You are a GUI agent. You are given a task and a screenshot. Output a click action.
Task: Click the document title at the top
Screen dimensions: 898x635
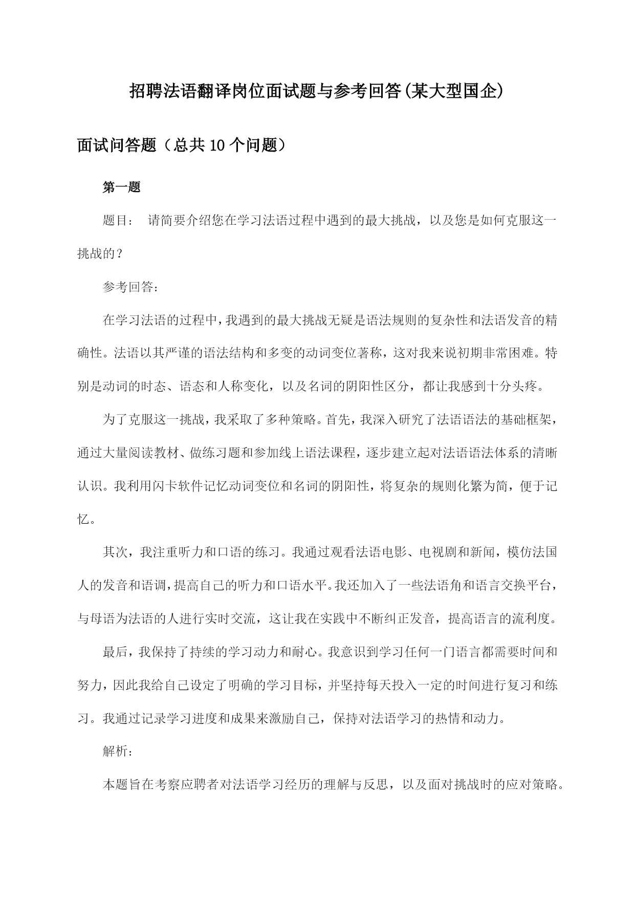click(317, 92)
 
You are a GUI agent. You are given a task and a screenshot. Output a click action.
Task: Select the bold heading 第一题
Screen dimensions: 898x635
click(122, 187)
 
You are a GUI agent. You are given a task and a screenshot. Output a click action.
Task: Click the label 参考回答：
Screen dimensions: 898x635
click(131, 287)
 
